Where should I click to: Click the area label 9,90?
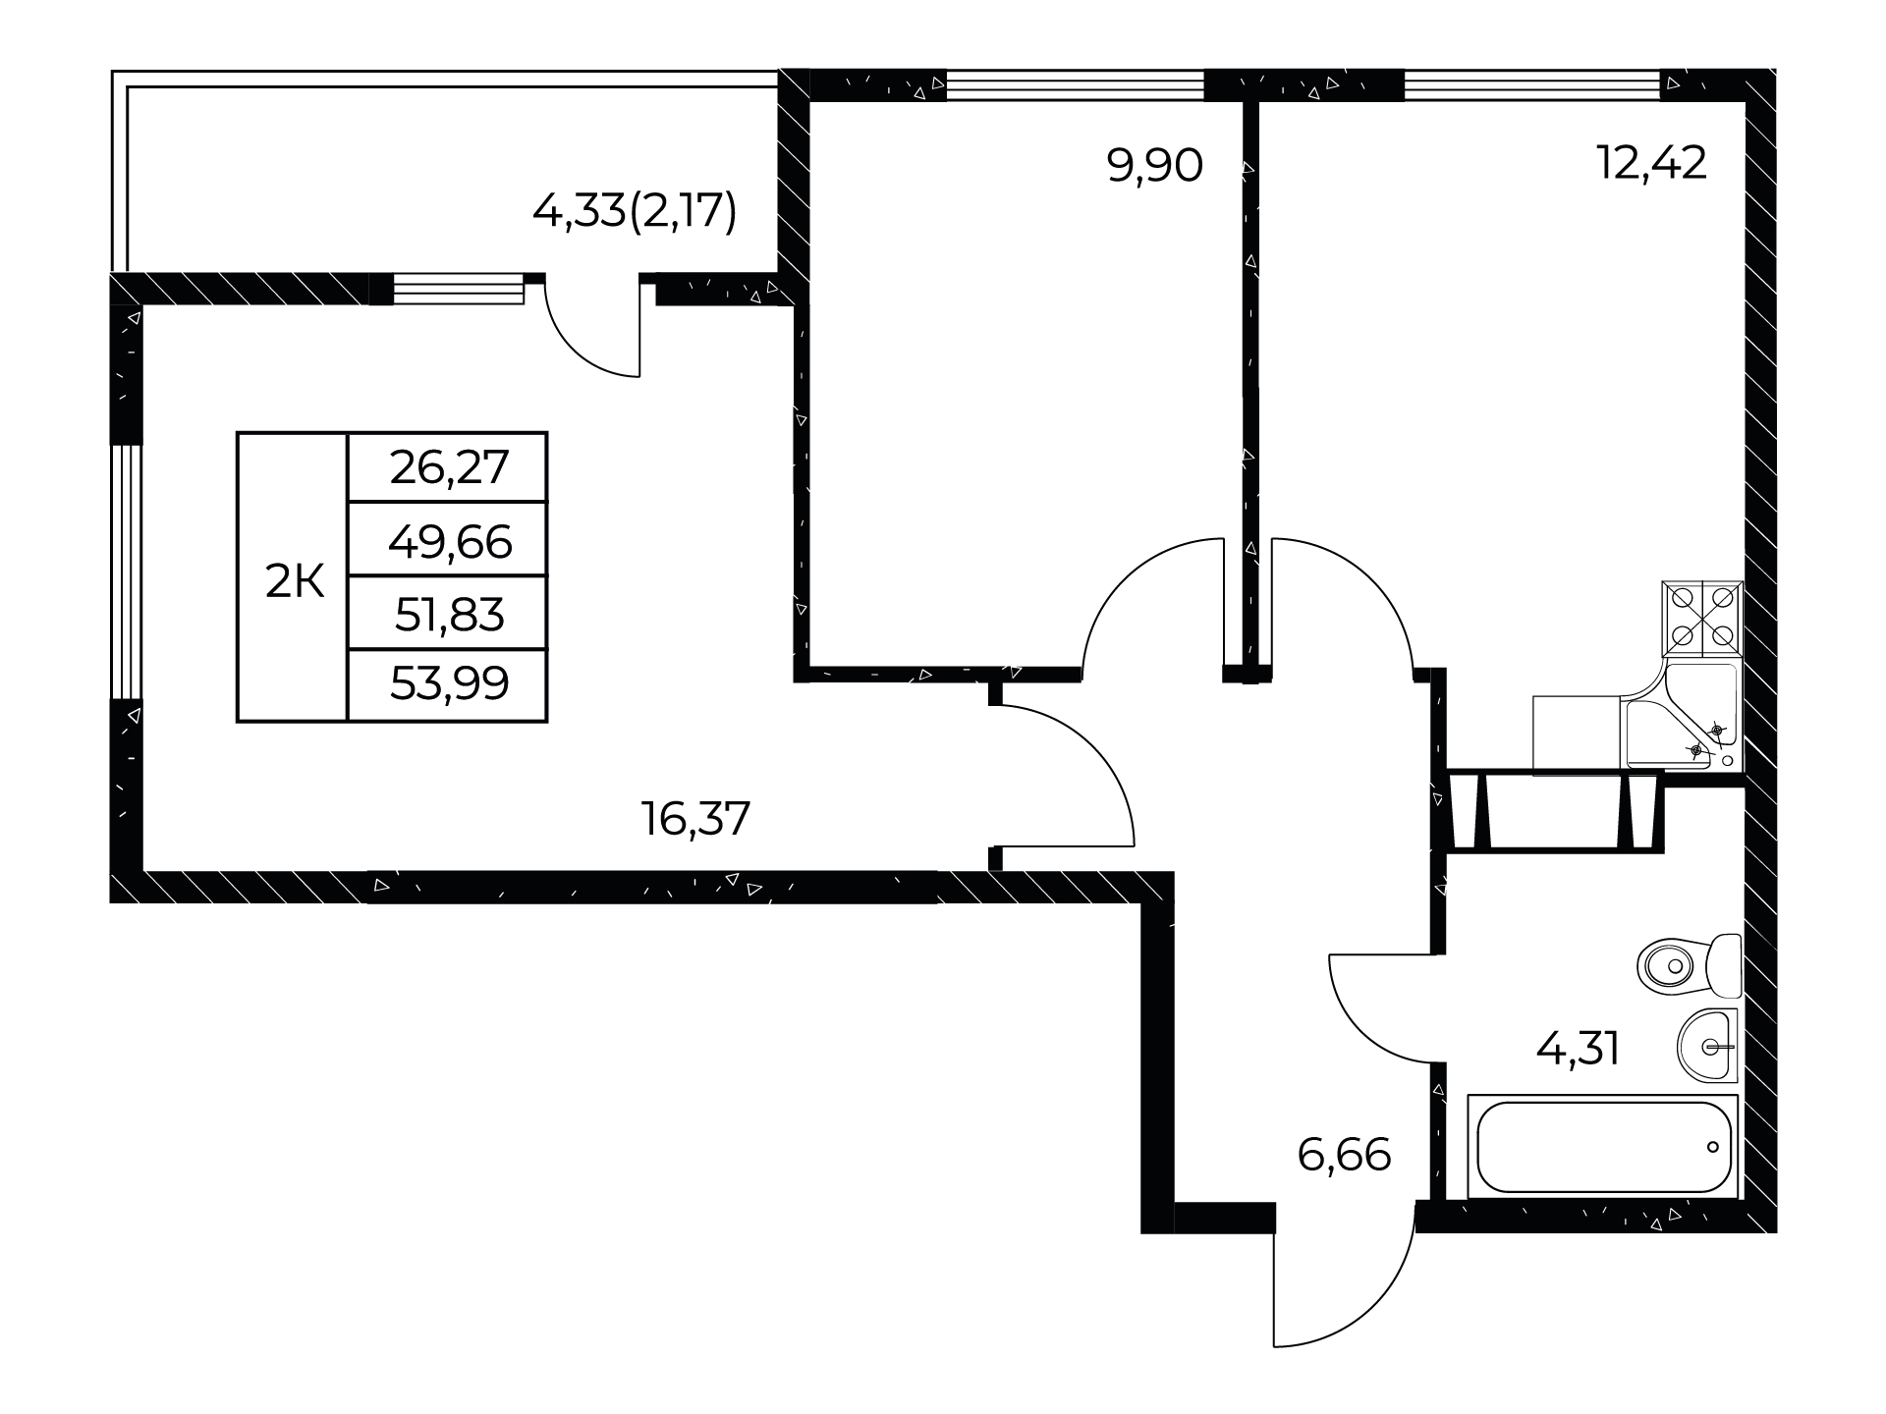point(1154,166)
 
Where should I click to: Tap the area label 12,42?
point(1652,162)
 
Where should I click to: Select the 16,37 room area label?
point(695,818)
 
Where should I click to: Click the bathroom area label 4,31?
point(1578,1049)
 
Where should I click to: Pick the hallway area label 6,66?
point(1344,1155)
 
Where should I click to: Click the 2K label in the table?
point(295,582)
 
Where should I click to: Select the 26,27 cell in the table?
point(448,467)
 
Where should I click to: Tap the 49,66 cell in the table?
point(448,539)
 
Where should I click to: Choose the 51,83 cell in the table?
point(448,613)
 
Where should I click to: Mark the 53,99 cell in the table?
point(448,685)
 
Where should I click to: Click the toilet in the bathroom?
point(1690,966)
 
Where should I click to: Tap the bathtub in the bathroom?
point(1603,1146)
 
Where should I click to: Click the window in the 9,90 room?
point(1075,85)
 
